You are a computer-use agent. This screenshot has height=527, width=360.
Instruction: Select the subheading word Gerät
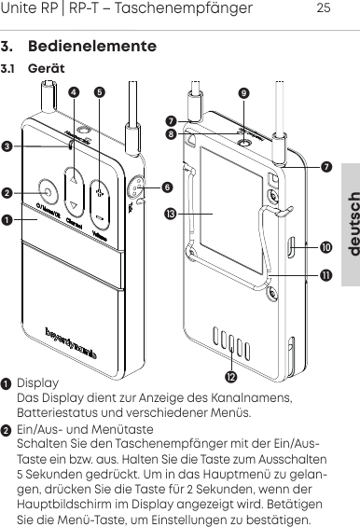(x=46, y=70)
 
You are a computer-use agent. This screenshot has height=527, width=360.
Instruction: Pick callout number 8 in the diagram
(x=170, y=134)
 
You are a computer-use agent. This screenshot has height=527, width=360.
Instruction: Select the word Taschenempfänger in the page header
(x=192, y=9)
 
